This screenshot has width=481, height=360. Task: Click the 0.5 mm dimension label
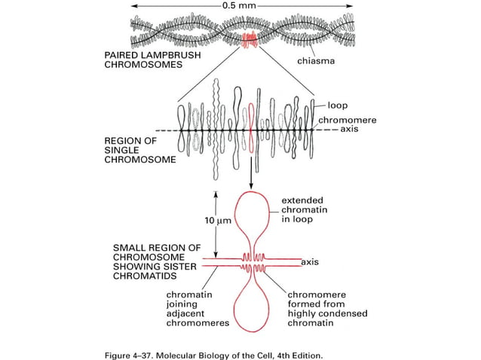(x=241, y=6)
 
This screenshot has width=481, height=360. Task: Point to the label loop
(x=335, y=105)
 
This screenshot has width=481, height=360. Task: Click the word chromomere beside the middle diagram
(x=346, y=119)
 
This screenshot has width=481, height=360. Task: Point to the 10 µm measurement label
(x=219, y=221)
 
